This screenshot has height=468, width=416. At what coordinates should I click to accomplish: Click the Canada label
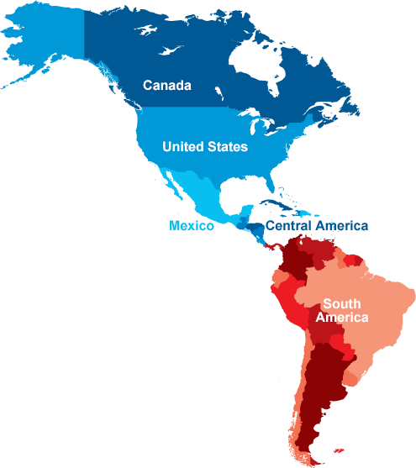coord(167,86)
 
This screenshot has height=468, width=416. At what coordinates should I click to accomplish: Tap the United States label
coord(205,147)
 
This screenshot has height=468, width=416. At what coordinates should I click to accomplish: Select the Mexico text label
coord(192,226)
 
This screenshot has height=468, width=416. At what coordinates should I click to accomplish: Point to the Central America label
coord(317,226)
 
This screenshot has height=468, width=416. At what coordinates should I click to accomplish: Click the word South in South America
coord(342,304)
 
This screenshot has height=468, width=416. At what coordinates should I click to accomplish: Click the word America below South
coord(342,318)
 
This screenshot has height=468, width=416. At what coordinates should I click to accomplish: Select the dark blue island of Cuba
coord(277,204)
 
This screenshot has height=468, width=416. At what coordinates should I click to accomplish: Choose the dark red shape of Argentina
coord(324,386)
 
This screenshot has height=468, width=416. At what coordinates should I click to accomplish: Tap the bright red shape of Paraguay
coord(340,344)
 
